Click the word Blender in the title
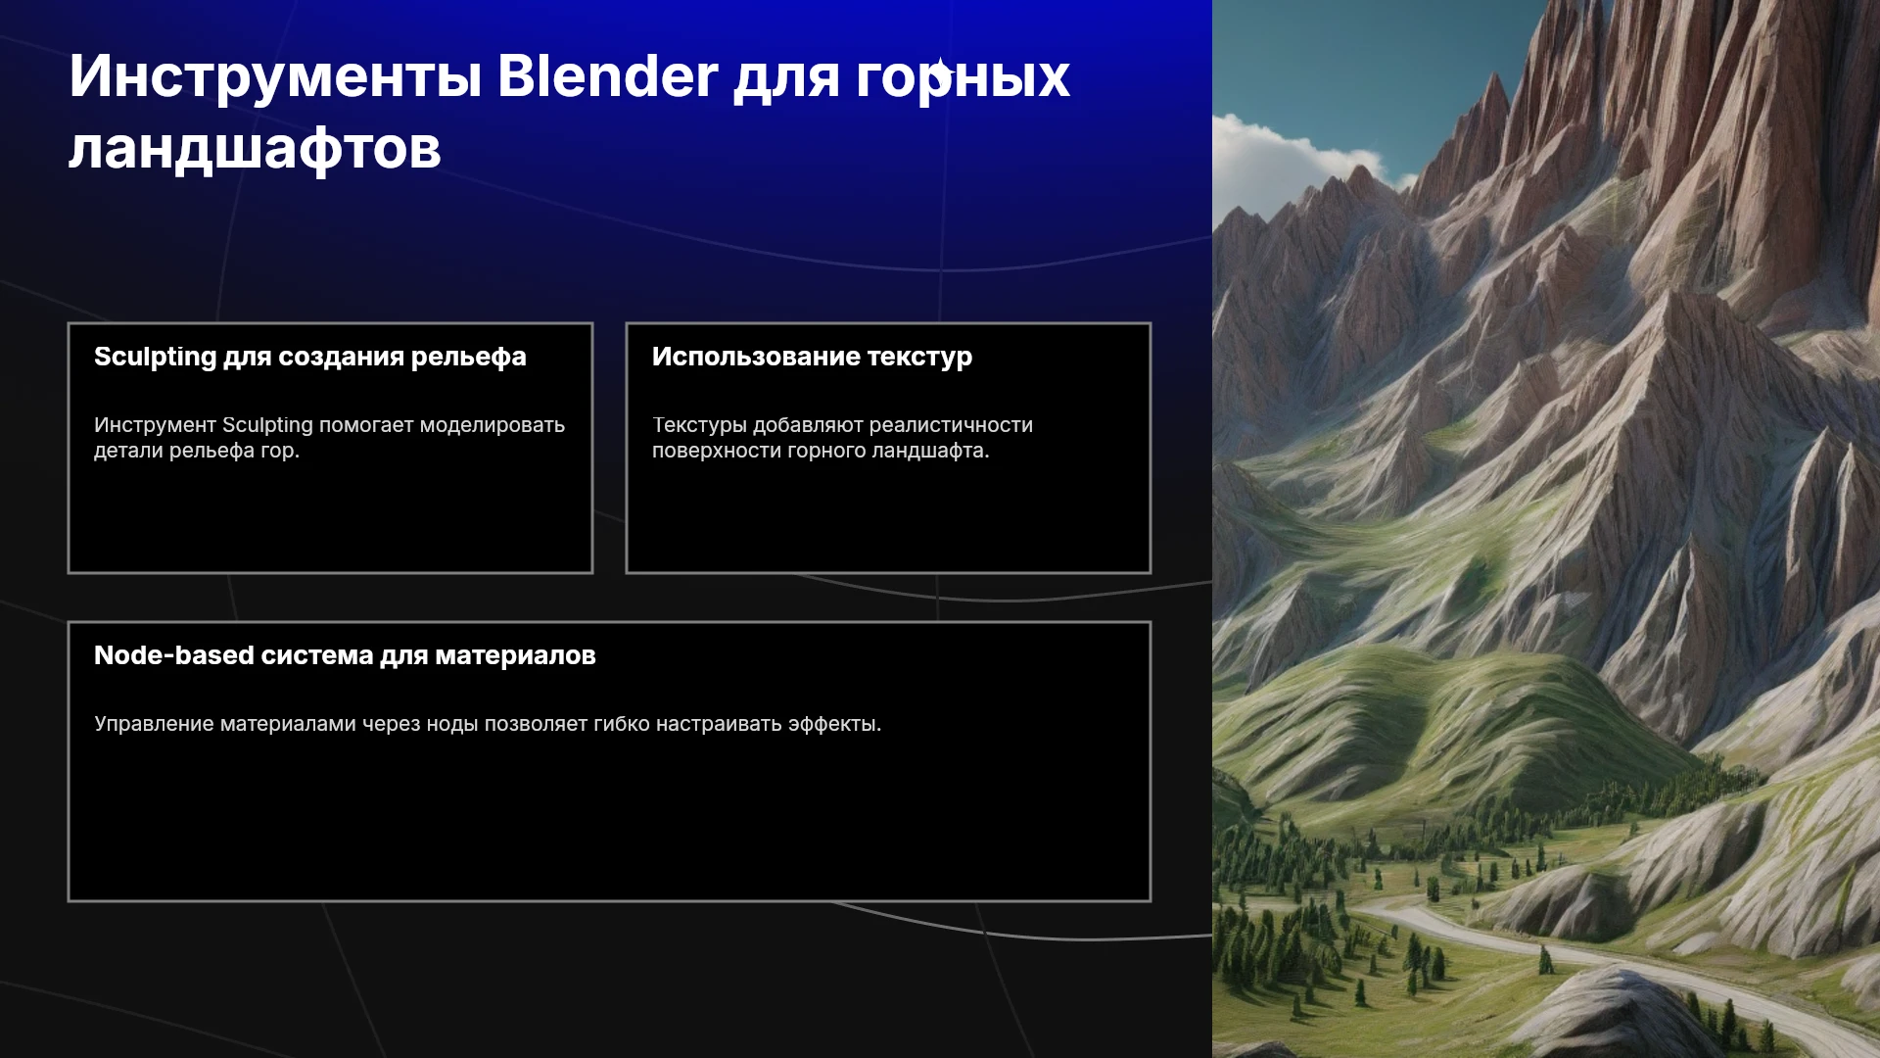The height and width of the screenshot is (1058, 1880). click(x=607, y=75)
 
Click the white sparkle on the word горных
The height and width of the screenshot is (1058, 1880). click(x=940, y=72)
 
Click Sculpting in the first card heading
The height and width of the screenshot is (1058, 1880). click(x=155, y=358)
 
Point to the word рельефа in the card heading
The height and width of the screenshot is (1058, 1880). click(x=469, y=358)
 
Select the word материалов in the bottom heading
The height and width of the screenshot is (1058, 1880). click(x=515, y=656)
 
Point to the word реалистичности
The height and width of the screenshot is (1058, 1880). click(x=951, y=426)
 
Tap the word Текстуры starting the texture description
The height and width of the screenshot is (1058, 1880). click(x=699, y=426)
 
